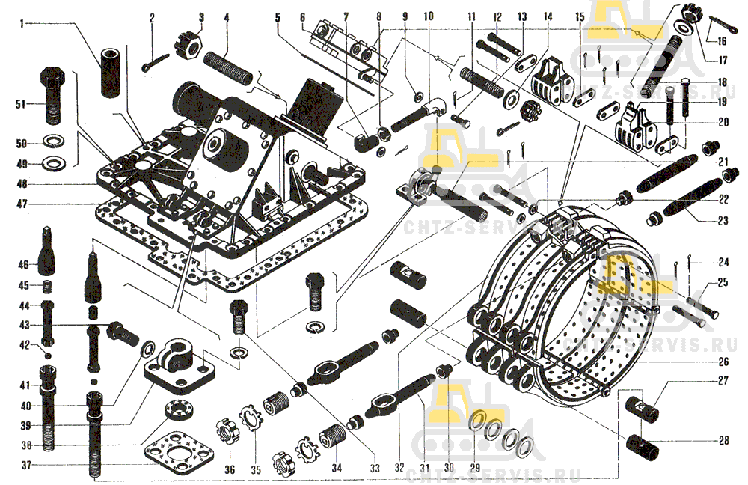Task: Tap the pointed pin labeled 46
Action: point(49,255)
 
